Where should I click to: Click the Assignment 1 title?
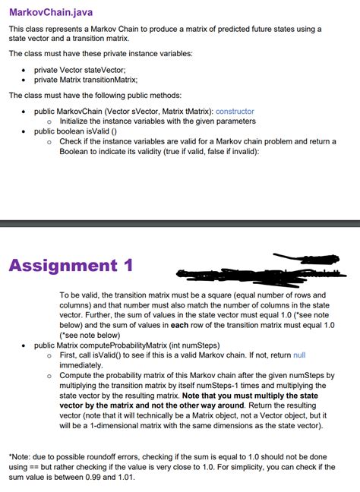tap(71, 266)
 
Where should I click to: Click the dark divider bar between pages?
tap(180, 223)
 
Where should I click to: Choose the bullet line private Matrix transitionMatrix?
tap(85, 79)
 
